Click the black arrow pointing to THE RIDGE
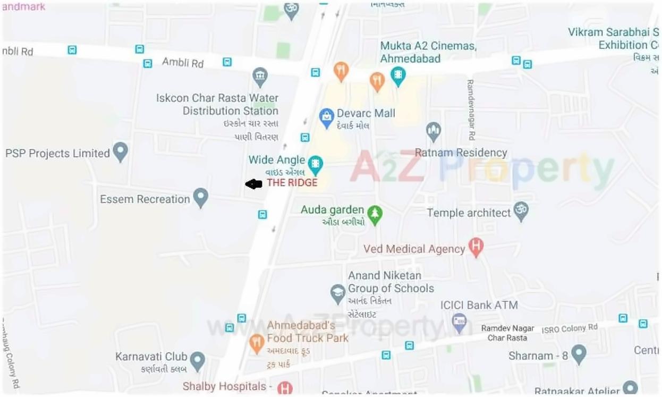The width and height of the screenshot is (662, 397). [254, 184]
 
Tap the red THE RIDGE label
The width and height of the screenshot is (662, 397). [292, 183]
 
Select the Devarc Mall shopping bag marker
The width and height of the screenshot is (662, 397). [326, 115]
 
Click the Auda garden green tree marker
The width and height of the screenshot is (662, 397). [376, 214]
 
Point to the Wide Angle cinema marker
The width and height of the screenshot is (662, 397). [316, 164]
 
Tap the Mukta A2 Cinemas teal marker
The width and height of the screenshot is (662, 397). [398, 75]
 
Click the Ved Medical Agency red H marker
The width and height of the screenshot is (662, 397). [476, 247]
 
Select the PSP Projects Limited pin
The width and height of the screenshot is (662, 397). [121, 152]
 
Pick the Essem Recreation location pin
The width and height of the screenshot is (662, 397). [200, 198]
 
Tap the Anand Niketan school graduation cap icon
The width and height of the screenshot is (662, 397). [338, 293]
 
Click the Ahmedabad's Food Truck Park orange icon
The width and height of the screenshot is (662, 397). [257, 343]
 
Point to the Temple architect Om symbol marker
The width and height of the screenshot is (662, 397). [521, 212]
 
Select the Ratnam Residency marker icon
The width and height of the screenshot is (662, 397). [434, 131]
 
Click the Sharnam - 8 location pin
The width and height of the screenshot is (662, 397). [579, 354]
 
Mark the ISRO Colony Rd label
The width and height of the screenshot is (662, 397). [570, 328]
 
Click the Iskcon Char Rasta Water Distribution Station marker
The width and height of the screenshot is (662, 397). [260, 77]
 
